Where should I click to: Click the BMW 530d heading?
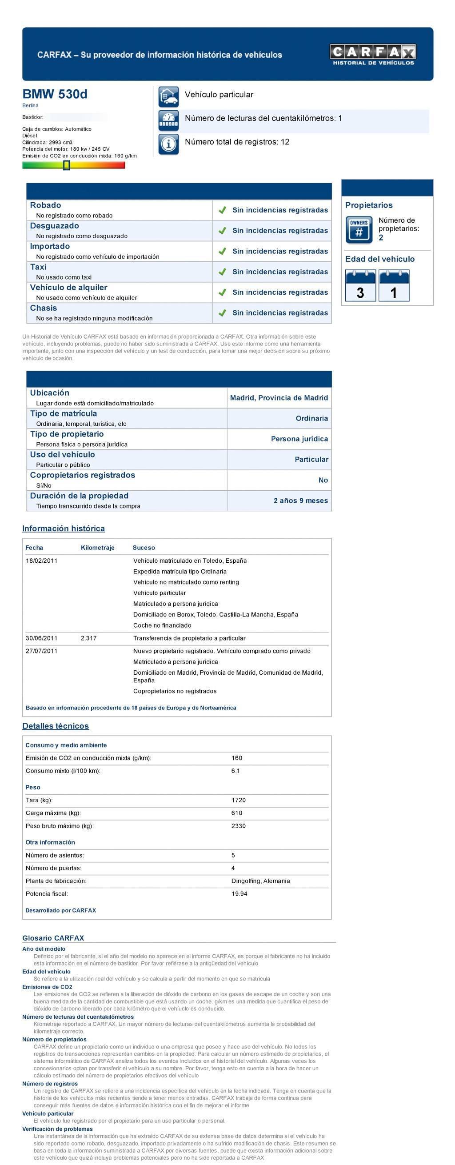click(55, 94)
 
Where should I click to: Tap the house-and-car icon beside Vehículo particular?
click(169, 96)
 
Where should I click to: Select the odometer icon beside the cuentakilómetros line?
click(169, 120)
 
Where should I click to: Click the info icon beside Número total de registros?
click(169, 144)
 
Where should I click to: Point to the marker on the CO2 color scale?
click(67, 165)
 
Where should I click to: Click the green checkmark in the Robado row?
click(222, 210)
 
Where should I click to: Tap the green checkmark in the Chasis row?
click(222, 313)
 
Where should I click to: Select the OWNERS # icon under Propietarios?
click(359, 230)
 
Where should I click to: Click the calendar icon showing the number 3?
click(360, 285)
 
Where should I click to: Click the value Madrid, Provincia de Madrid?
click(279, 398)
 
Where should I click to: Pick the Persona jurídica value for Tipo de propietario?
click(299, 439)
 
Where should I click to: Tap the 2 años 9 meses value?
click(301, 500)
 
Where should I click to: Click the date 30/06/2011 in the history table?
click(42, 638)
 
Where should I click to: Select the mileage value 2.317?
click(89, 638)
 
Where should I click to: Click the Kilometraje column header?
click(98, 548)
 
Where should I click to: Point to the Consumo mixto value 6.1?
click(235, 771)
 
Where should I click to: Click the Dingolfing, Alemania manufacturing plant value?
click(260, 881)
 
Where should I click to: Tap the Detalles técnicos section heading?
click(56, 726)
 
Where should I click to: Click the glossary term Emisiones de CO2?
click(47, 987)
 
